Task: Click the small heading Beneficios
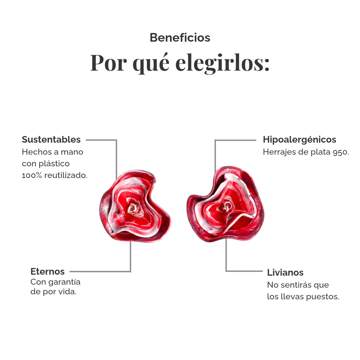tap(180, 38)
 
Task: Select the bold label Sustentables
tap(51, 140)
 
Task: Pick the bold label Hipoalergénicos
tap(299, 140)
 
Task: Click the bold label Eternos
tap(47, 271)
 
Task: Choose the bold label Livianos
tap(285, 273)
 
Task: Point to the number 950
tap(341, 152)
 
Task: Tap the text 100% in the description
tap(32, 175)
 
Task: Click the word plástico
tap(54, 164)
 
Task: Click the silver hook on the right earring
tap(227, 206)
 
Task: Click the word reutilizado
tap(66, 175)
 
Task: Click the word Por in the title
tap(109, 63)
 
